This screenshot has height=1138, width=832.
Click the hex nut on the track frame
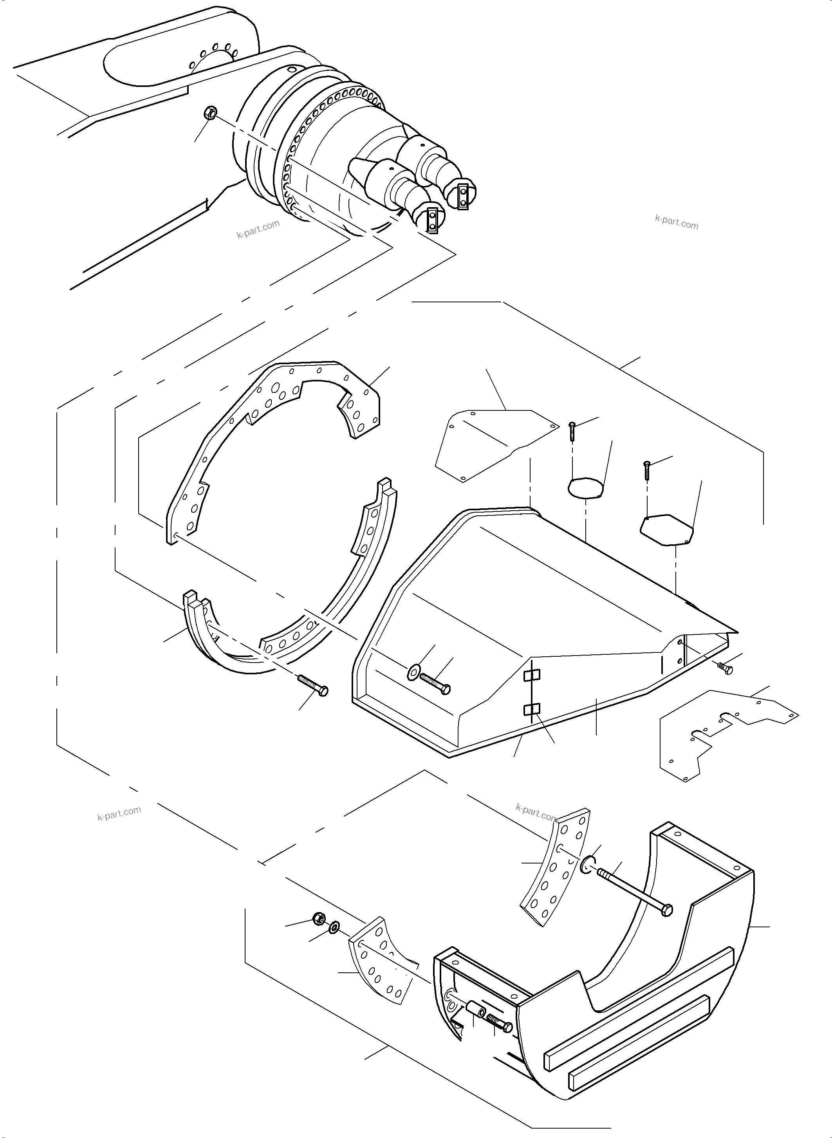pyautogui.click(x=211, y=113)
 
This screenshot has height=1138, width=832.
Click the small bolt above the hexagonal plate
pyautogui.click(x=647, y=470)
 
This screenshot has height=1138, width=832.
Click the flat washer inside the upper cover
pyautogui.click(x=414, y=670)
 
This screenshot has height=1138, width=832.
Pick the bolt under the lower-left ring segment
pyautogui.click(x=313, y=685)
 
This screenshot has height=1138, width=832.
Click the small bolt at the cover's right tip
pyautogui.click(x=726, y=668)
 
